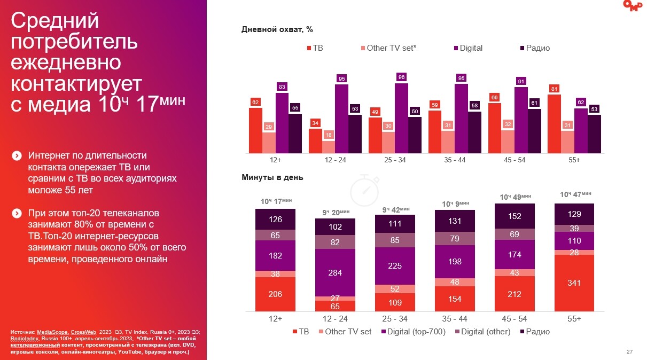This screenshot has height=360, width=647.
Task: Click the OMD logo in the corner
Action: tap(634, 5)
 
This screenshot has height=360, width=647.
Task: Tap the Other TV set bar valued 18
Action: tap(329, 147)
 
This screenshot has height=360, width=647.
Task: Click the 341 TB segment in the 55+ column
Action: tap(574, 283)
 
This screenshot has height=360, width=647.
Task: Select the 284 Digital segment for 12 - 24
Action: tap(335, 273)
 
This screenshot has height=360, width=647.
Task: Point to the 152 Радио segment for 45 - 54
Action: tap(515, 216)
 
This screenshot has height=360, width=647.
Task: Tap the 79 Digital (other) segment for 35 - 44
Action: tap(455, 238)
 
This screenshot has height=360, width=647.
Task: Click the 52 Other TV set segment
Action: tap(395, 288)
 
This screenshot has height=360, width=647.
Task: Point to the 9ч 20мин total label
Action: tap(335, 212)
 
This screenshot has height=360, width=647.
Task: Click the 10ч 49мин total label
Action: tap(515, 197)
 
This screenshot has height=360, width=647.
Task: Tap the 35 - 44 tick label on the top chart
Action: tap(455, 160)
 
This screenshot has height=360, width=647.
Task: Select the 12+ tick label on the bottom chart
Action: tap(275, 318)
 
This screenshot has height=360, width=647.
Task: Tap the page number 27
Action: tap(629, 351)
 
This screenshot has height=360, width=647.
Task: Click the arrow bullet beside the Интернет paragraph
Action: tap(17, 156)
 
